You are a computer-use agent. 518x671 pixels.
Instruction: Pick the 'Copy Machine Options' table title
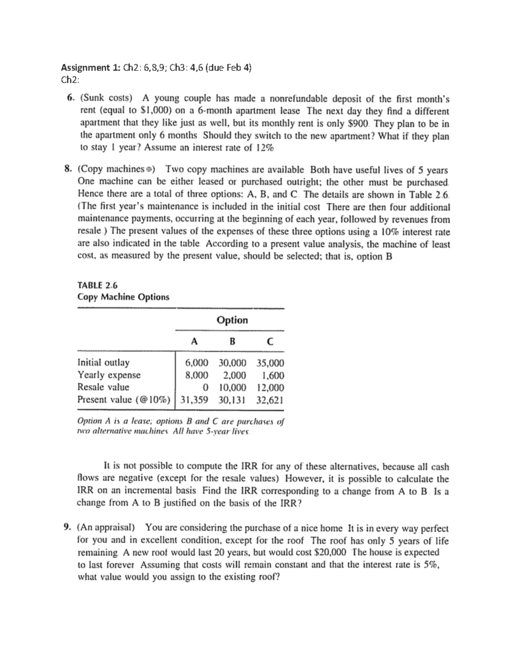click(x=123, y=297)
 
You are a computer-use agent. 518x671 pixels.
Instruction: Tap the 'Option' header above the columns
click(x=232, y=320)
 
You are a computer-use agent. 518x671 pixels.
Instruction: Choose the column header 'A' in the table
click(x=194, y=341)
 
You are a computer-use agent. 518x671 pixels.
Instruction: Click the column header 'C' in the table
click(x=269, y=341)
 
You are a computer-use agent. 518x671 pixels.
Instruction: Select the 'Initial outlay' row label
click(x=103, y=363)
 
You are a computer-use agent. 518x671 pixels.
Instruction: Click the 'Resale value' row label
click(x=103, y=387)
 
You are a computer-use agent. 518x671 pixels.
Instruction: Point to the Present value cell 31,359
click(x=193, y=400)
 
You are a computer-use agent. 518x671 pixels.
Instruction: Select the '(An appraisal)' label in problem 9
click(x=106, y=528)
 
